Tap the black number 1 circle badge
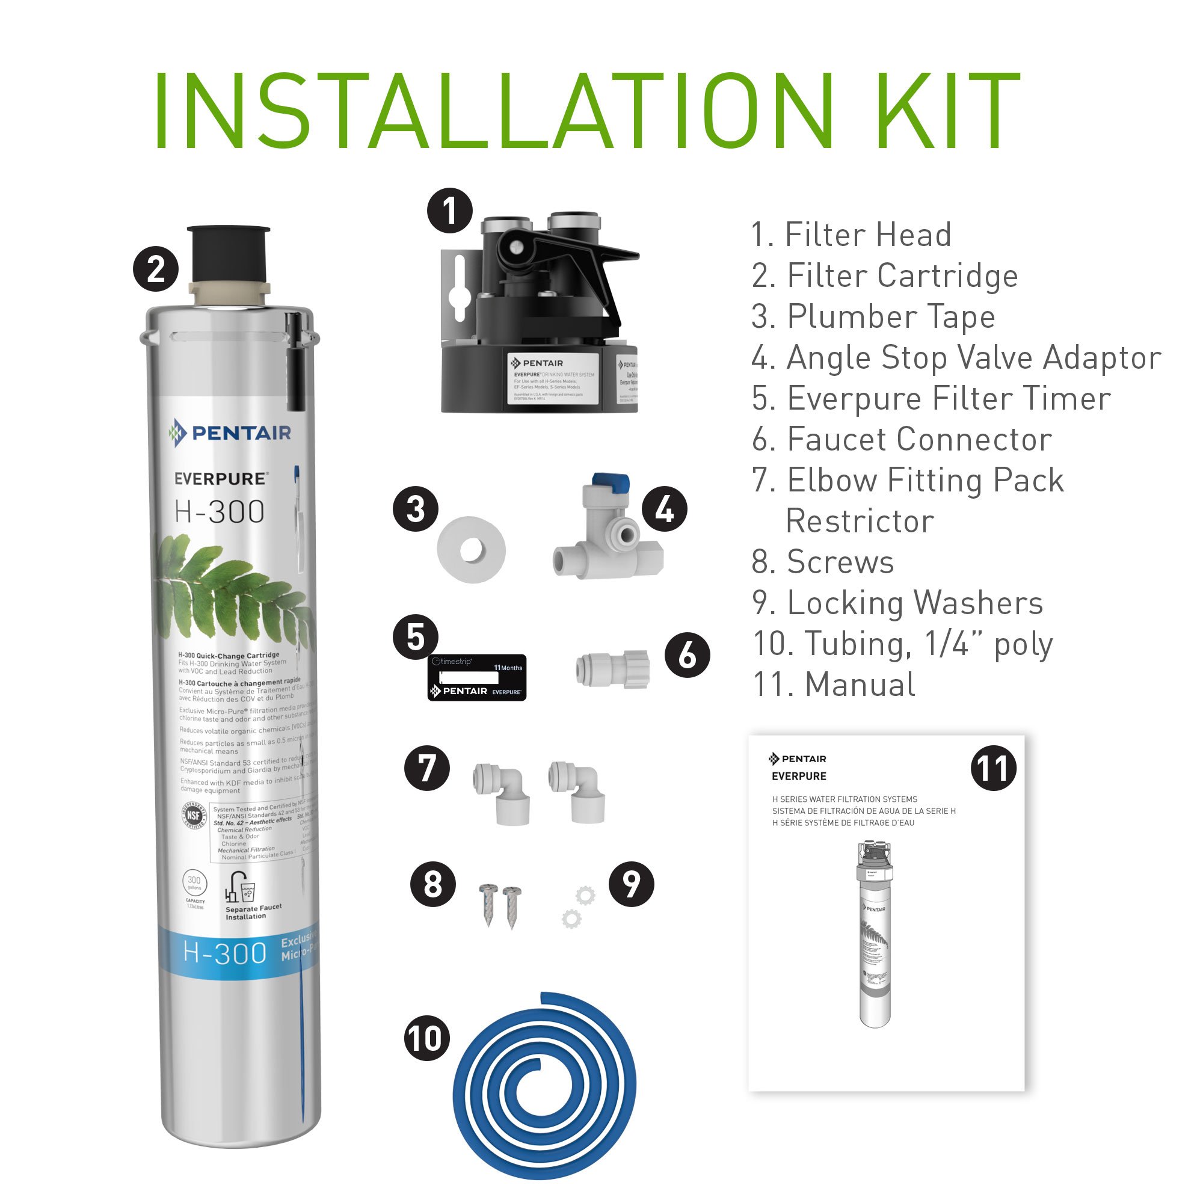(x=449, y=211)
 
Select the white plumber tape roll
(x=471, y=550)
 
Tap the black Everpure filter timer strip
(x=477, y=677)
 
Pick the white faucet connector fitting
(x=613, y=669)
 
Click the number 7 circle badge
(x=426, y=768)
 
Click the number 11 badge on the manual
(x=993, y=768)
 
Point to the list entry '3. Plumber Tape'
(x=873, y=316)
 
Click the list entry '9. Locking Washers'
(x=897, y=603)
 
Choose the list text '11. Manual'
(x=834, y=685)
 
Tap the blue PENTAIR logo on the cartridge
(x=230, y=432)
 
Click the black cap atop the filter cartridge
(x=229, y=253)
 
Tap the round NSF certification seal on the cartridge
(x=194, y=815)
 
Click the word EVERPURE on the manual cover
(x=799, y=777)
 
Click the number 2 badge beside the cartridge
(x=156, y=269)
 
